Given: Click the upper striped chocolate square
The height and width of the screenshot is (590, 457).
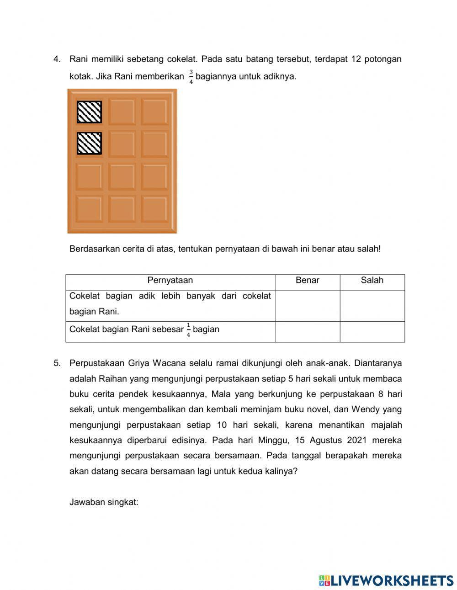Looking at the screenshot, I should (x=89, y=112).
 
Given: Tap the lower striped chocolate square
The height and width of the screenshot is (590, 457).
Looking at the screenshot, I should (x=89, y=143).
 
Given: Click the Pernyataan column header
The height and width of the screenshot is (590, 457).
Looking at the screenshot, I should (x=170, y=281).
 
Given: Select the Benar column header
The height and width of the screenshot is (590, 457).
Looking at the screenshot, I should (x=308, y=281).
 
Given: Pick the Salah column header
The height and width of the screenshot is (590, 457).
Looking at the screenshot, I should (x=372, y=281).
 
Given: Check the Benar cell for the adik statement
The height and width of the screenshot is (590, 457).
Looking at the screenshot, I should (x=308, y=306).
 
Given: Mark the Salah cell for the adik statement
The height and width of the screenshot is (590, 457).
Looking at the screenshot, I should (x=372, y=306).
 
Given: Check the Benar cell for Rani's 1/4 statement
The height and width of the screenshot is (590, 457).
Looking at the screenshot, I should (x=308, y=331).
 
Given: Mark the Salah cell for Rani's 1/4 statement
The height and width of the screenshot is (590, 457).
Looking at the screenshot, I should (x=372, y=331).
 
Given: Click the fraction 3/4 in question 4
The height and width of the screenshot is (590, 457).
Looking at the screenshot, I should (x=191, y=77).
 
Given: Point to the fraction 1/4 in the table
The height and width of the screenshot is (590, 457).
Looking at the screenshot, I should (x=188, y=330).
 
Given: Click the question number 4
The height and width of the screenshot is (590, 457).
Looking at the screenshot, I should (x=57, y=59).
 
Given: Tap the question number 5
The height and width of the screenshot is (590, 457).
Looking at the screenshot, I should (x=57, y=363).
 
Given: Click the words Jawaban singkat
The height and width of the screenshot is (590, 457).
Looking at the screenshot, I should (x=104, y=502).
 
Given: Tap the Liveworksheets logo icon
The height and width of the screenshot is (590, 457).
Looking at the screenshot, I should (x=324, y=580).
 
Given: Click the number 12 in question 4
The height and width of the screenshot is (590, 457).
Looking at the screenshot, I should (x=356, y=59).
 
